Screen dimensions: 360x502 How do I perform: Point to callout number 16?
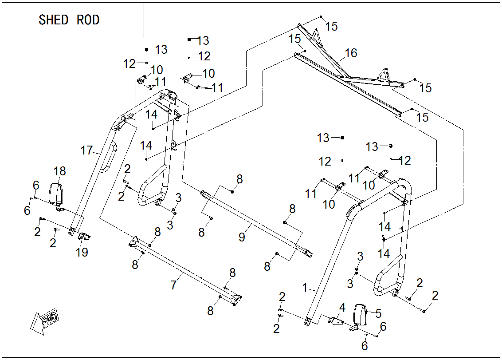351,53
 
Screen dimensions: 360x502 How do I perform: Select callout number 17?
86,150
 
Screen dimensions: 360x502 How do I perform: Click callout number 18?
59,171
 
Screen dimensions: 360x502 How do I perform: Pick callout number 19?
82,252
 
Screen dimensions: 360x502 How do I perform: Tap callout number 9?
242,237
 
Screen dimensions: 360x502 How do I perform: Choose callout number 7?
173,285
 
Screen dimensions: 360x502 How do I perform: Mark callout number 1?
305,287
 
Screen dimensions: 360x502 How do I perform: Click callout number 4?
342,307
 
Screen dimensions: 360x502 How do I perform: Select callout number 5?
378,313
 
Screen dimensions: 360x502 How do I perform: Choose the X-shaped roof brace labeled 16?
341,73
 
